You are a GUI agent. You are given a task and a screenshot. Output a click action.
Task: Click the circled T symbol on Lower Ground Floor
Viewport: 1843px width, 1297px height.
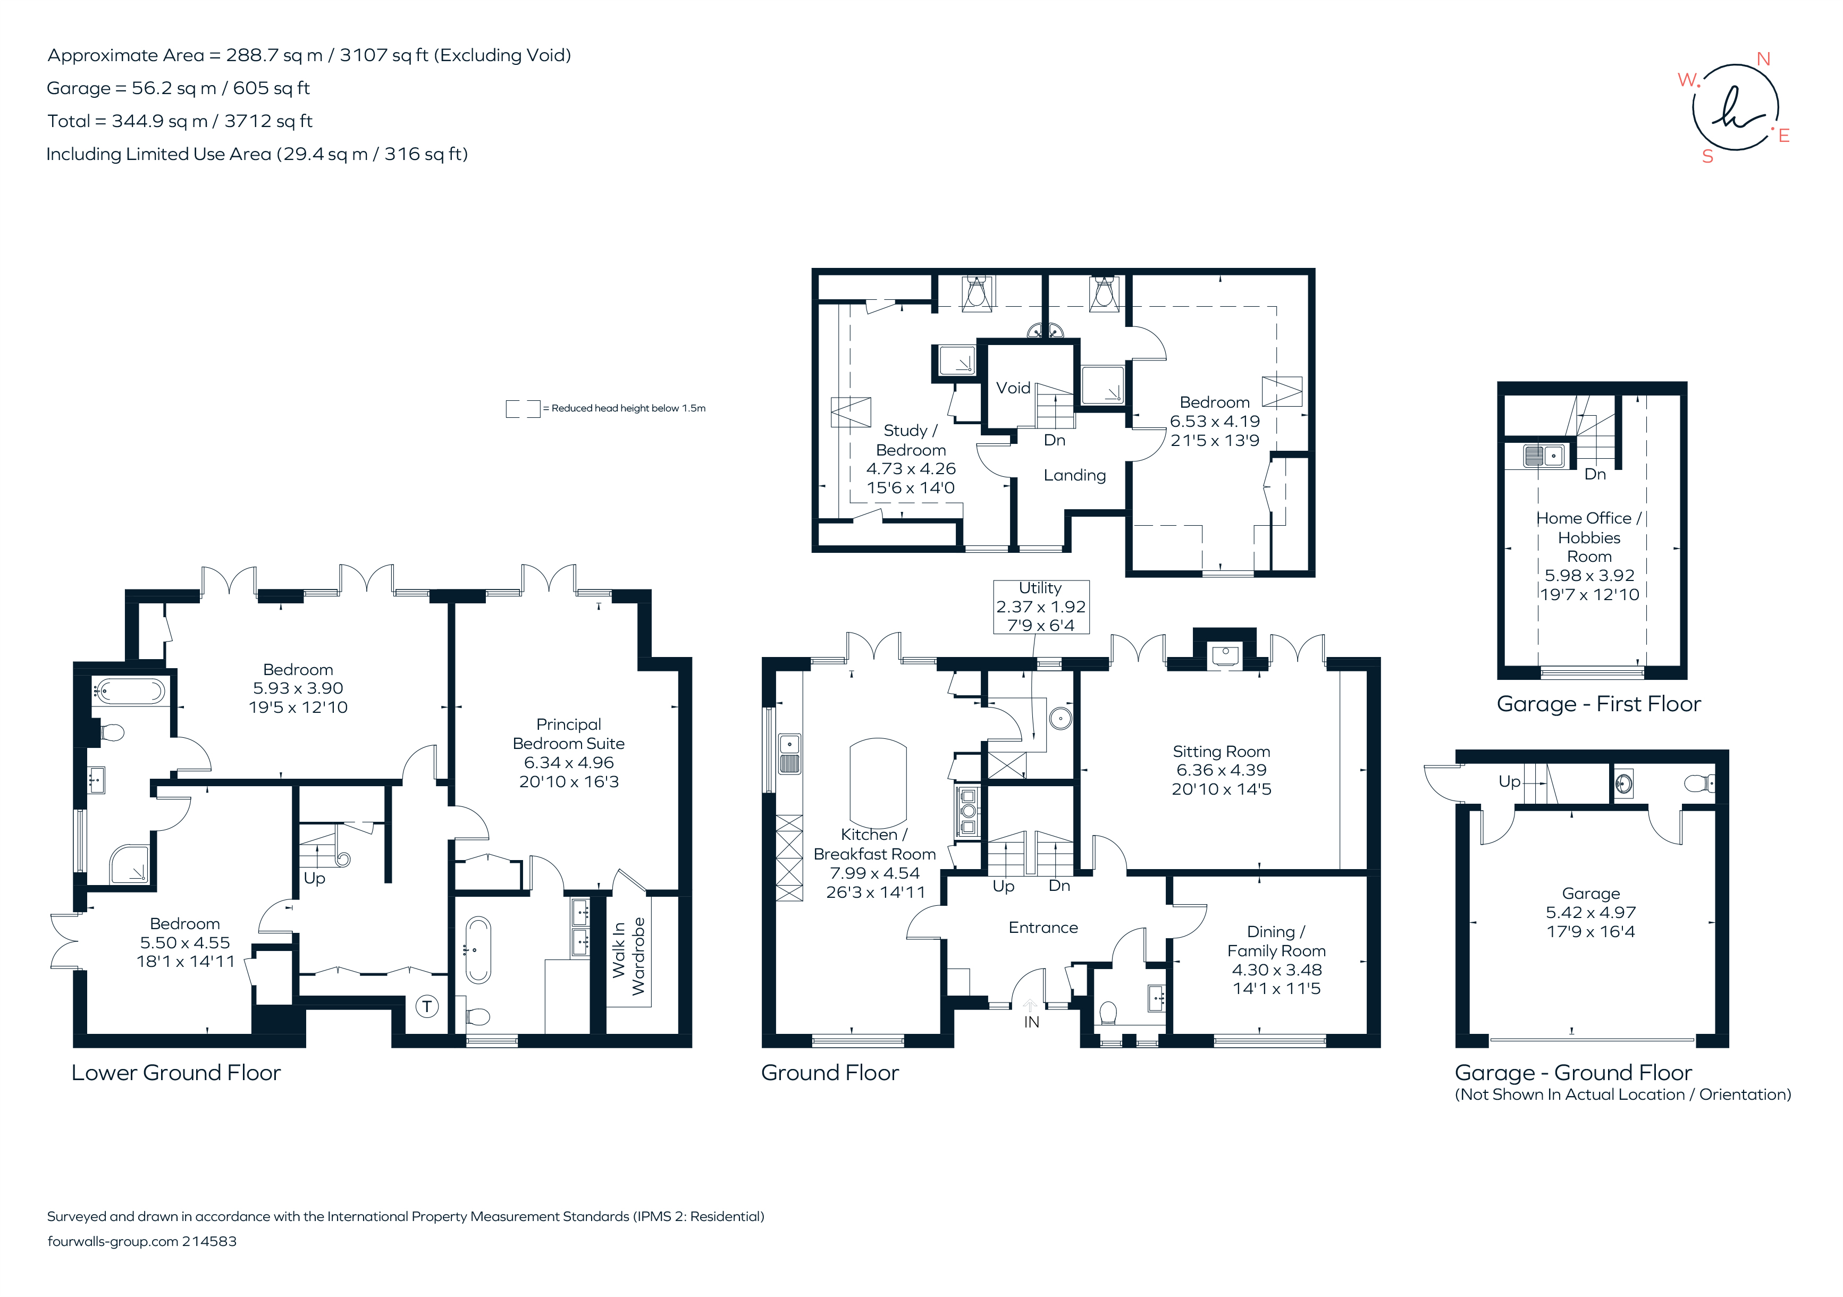427,1006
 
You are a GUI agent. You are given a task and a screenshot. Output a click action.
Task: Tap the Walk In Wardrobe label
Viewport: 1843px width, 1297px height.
628,957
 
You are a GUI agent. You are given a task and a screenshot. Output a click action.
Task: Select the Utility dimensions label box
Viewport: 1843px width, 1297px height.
1040,607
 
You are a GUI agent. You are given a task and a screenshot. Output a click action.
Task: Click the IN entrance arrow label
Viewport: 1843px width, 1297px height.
1031,1022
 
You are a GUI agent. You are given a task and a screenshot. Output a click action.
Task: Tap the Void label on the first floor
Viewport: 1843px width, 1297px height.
1013,388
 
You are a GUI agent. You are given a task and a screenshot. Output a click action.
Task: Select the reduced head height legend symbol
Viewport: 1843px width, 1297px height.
523,409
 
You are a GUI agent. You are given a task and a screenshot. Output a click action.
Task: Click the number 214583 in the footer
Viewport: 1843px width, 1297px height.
209,1241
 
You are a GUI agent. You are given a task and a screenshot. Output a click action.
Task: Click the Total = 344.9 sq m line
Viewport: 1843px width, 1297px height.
180,121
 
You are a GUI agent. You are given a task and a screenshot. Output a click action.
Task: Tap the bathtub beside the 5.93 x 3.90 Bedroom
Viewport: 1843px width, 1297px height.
130,691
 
